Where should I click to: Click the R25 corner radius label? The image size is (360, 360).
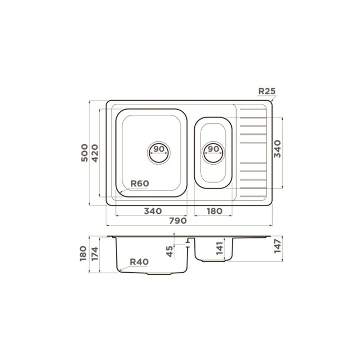click(x=267, y=91)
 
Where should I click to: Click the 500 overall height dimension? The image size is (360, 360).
click(x=84, y=152)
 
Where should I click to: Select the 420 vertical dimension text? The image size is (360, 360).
click(x=95, y=153)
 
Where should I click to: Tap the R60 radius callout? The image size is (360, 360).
click(x=140, y=184)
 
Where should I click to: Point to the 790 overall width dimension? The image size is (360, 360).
click(x=178, y=221)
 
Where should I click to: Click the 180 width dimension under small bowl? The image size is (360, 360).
click(x=214, y=211)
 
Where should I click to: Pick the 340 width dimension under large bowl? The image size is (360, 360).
click(x=153, y=211)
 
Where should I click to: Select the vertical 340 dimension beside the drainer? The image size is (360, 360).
click(x=277, y=149)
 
